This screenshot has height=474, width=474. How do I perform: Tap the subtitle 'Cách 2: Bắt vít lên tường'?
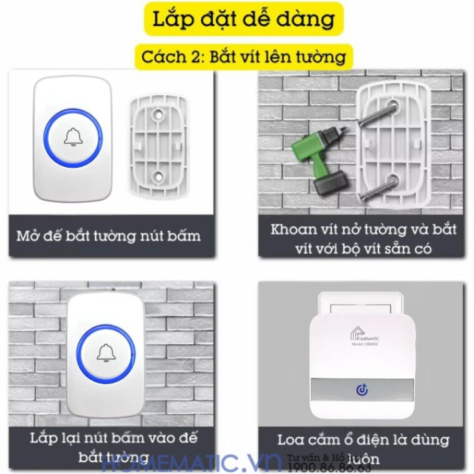click(x=243, y=57)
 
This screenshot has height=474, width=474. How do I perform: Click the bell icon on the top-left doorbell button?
click(x=73, y=137)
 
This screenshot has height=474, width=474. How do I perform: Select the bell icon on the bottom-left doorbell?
click(x=105, y=353)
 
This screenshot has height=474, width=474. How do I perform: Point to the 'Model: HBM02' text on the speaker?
click(x=365, y=345)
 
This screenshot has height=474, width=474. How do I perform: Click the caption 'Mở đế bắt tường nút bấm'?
click(x=109, y=236)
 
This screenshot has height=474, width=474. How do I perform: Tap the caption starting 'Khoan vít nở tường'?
click(x=363, y=238)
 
